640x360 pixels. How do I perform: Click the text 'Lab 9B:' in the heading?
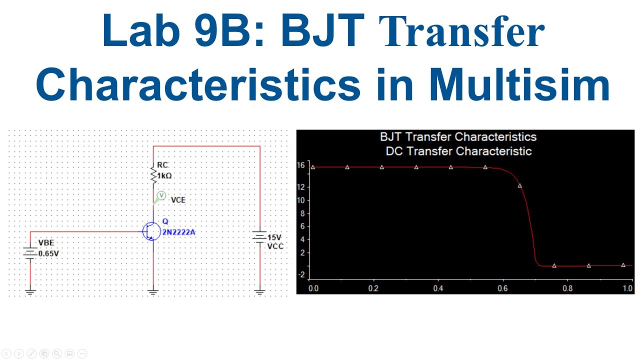coord(182,31)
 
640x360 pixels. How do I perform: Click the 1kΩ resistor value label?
coord(164,176)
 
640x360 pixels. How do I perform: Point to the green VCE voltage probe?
coord(161,196)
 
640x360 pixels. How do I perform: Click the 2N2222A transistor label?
coord(178,232)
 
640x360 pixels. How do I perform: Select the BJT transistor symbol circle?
coord(151,231)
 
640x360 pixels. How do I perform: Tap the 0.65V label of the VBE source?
coord(48,253)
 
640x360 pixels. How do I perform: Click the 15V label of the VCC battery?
coord(274,237)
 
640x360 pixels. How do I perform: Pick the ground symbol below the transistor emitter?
coord(153,291)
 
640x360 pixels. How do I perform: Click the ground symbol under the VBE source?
coord(30,291)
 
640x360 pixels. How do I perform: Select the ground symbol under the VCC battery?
coord(259,291)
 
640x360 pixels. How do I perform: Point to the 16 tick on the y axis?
coord(300,165)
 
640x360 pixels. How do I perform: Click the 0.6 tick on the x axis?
coord(502,288)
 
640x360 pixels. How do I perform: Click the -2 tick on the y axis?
coord(301,274)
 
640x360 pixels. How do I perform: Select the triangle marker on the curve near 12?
coord(520,186)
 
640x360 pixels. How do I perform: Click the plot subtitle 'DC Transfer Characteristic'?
coord(458,151)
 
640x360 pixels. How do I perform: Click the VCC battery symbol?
coord(259,237)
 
